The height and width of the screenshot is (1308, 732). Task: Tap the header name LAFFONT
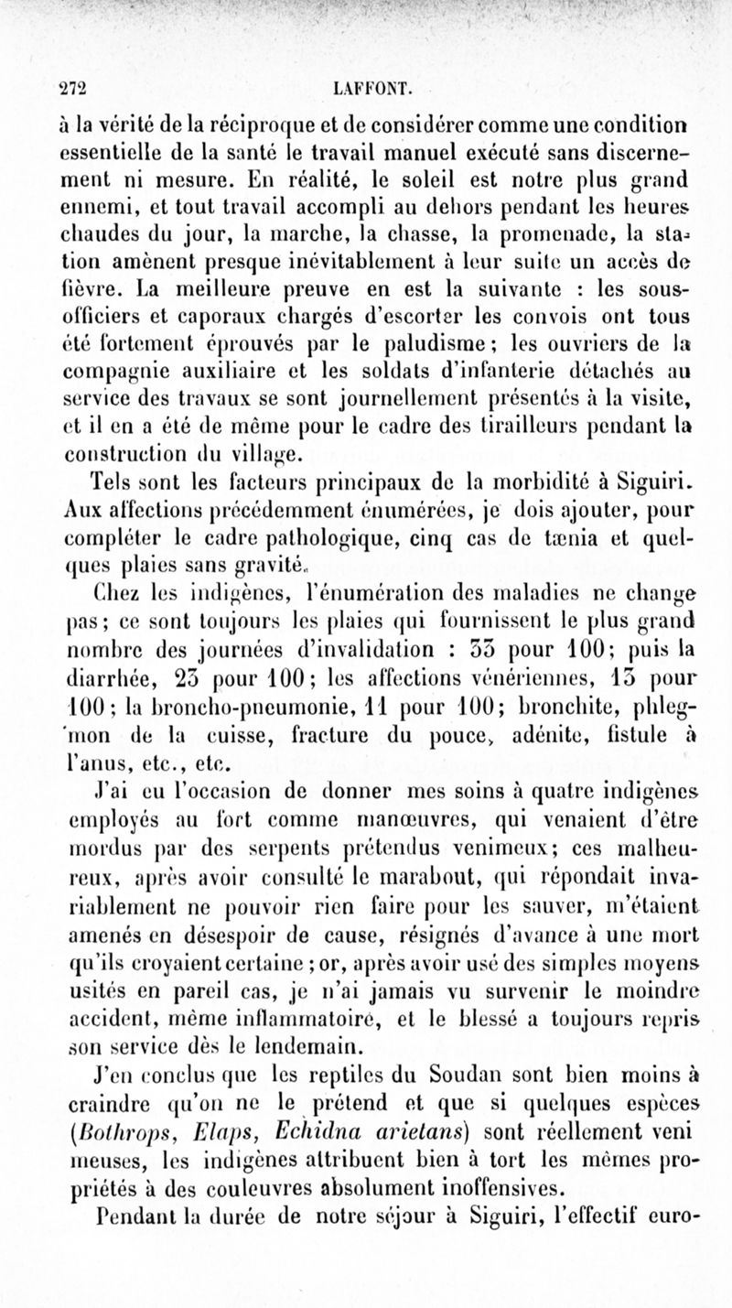[x=375, y=89]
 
